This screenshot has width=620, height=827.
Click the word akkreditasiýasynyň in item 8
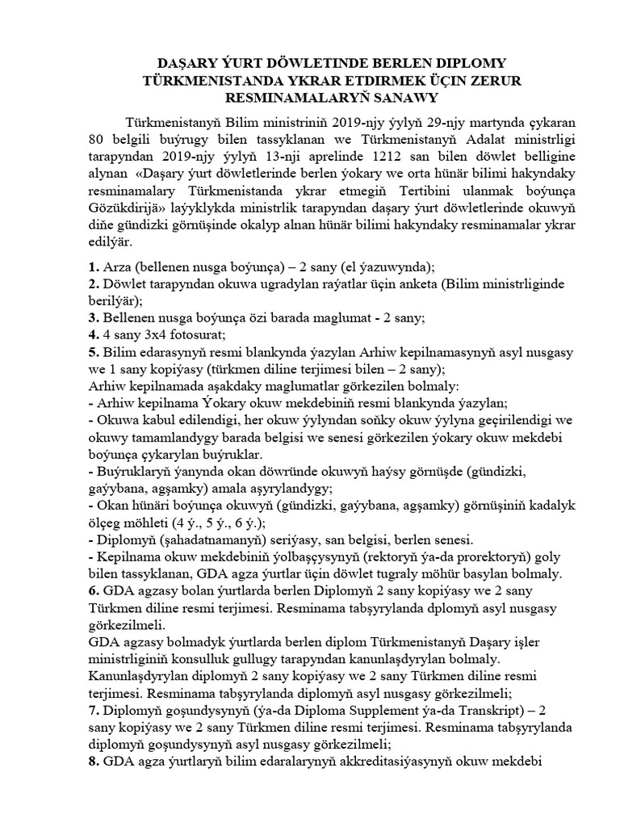click(x=395, y=762)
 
